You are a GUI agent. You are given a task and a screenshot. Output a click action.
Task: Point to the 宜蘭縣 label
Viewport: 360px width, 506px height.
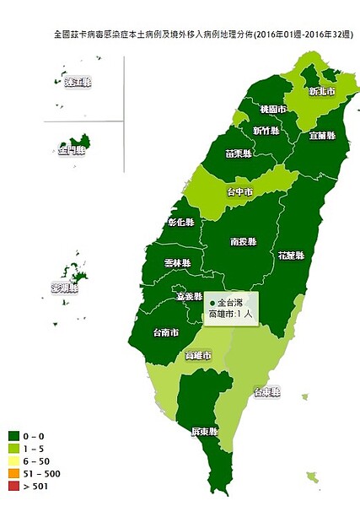point(322,135)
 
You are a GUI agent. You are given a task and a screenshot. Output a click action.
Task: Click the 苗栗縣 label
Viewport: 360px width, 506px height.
point(239,154)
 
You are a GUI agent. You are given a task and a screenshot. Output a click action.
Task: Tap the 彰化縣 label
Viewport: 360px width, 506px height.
point(180,223)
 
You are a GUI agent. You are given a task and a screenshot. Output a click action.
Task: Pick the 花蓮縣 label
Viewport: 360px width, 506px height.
point(291,254)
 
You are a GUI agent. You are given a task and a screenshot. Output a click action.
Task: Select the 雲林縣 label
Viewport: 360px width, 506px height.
point(177,263)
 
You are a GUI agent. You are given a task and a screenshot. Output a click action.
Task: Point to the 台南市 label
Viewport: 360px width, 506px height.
point(165,332)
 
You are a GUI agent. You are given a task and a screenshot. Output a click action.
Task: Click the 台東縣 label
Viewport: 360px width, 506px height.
point(268,392)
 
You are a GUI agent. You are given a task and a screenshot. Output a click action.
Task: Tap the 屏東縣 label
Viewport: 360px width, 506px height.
point(205,431)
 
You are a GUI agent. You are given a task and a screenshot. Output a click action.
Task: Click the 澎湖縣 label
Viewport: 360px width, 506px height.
point(64,288)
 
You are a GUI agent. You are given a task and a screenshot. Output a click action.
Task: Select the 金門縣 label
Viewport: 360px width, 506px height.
point(72,150)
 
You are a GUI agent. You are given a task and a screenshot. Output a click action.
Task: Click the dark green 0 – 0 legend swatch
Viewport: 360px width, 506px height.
point(13,436)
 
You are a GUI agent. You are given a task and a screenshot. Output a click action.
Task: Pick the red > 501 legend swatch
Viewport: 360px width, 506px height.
point(13,487)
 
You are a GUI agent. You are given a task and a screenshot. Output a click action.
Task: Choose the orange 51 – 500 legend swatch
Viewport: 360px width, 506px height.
point(13,474)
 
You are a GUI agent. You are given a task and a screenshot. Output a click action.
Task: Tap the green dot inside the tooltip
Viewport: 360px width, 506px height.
point(212,302)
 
